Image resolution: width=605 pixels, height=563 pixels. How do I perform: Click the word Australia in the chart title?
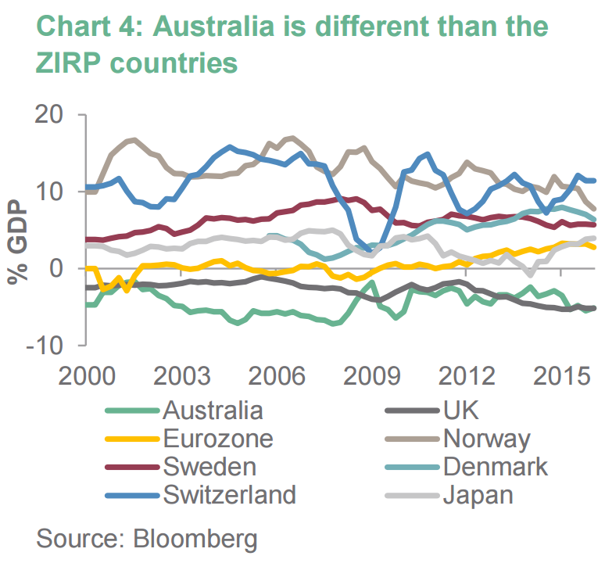tap(210, 25)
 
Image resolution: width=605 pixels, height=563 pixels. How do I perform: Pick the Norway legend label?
tap(486, 439)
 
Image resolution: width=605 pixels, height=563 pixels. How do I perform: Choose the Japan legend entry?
tap(477, 495)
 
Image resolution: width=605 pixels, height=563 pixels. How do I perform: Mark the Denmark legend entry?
tap(495, 467)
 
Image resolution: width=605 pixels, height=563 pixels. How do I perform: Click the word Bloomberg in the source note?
tap(195, 539)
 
